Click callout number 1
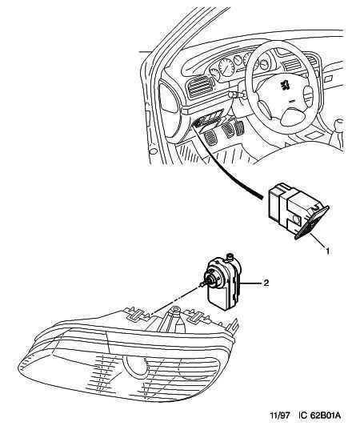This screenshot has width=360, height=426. coord(328,251)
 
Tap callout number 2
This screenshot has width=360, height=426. coord(266,283)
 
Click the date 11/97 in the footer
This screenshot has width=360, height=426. coord(280,416)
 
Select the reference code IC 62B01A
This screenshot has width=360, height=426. coord(319,416)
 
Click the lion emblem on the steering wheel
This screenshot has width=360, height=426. coord(285,85)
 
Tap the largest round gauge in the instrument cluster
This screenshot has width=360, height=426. coord(226,66)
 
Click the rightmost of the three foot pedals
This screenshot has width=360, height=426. coord(239,127)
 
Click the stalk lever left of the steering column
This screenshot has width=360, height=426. coord(236,94)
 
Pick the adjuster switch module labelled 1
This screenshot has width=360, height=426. coord(298,210)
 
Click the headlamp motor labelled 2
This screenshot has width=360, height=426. coord(223,282)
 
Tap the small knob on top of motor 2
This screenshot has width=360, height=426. coord(230,256)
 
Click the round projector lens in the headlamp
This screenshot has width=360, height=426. coord(135,364)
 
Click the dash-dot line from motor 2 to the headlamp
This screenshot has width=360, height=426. coord(176,299)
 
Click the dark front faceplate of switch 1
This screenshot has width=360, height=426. coord(312,223)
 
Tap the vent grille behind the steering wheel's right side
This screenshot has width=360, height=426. coord(292,64)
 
